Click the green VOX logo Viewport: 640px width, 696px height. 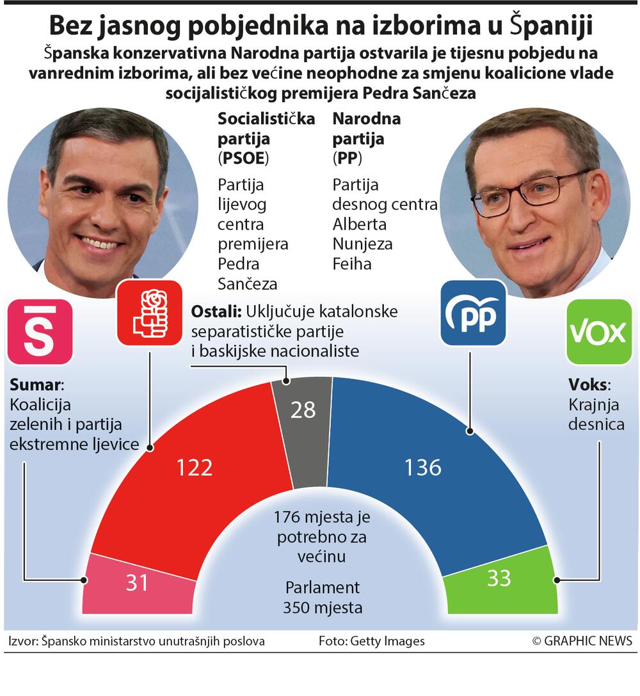click(598, 332)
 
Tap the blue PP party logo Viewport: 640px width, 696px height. click(474, 313)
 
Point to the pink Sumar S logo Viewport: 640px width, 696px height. click(40, 332)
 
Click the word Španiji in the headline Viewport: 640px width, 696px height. click(551, 26)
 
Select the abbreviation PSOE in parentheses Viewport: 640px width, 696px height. click(243, 158)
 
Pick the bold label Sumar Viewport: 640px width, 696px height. click(36, 385)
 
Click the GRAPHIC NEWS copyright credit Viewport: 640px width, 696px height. click(582, 641)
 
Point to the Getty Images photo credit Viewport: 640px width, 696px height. click(371, 641)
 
